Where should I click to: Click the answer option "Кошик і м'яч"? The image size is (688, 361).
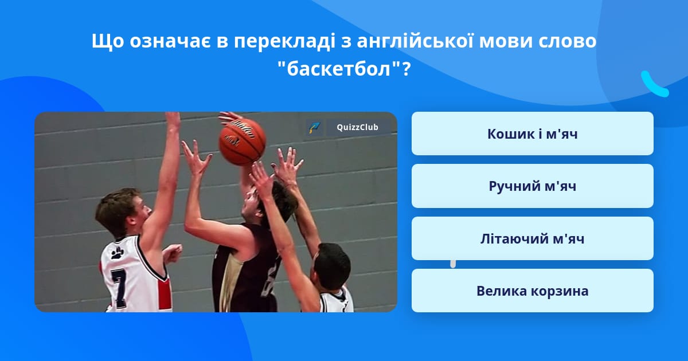(532, 134)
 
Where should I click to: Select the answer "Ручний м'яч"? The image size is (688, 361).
(532, 186)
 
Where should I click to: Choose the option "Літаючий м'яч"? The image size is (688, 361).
(532, 238)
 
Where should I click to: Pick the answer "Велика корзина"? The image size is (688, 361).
(532, 291)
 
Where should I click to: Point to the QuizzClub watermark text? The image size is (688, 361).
(357, 127)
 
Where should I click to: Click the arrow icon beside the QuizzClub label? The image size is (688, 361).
(314, 127)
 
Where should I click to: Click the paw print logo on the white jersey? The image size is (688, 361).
(118, 253)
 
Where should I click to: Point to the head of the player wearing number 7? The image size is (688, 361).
(123, 212)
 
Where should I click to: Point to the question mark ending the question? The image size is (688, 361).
(406, 69)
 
